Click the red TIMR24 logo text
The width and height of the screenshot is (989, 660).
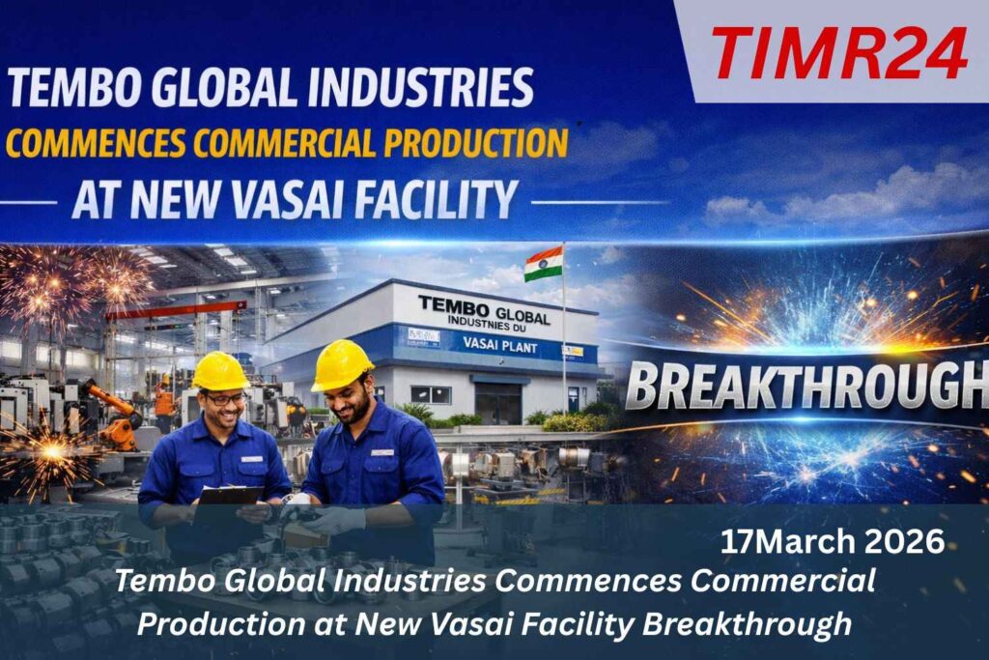point(839,53)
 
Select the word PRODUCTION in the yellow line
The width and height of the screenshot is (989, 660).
point(476,143)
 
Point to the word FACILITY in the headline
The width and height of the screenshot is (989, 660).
point(436,199)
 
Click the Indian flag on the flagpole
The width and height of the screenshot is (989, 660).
point(543,264)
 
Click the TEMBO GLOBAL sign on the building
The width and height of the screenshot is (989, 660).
point(484,309)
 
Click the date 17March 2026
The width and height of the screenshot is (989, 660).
point(833,542)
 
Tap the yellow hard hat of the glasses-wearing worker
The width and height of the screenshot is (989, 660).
point(220,371)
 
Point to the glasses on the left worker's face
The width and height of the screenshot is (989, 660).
point(225,399)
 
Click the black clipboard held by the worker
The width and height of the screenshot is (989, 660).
point(229,497)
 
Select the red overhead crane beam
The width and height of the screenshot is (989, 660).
point(176,310)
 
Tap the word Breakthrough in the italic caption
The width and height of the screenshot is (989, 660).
point(747,624)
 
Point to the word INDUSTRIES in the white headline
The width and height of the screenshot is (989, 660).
point(420,87)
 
